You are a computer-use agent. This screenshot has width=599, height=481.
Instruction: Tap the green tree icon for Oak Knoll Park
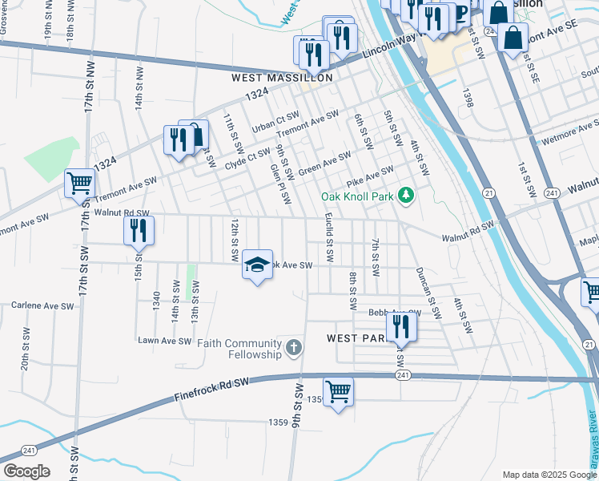coord(407,195)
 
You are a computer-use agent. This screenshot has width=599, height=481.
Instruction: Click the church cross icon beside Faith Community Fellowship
coord(294,348)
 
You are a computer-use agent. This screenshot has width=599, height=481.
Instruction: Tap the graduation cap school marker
coord(257,265)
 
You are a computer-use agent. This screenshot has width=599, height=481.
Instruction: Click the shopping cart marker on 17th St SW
coord(79,183)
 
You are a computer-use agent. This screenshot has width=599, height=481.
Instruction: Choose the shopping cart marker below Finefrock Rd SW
coord(338,392)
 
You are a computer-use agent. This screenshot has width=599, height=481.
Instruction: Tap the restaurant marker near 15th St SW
coord(139,230)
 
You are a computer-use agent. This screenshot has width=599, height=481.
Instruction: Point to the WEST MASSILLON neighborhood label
coord(282,78)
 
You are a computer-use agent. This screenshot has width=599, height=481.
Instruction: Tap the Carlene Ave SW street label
coord(42,305)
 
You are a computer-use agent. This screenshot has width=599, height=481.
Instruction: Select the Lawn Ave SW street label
coord(164,341)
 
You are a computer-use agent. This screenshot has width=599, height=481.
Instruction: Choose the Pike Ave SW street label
coord(369,174)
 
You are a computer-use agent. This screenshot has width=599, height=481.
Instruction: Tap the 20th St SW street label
coord(26,353)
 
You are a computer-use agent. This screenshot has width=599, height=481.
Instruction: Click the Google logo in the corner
coord(26,471)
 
